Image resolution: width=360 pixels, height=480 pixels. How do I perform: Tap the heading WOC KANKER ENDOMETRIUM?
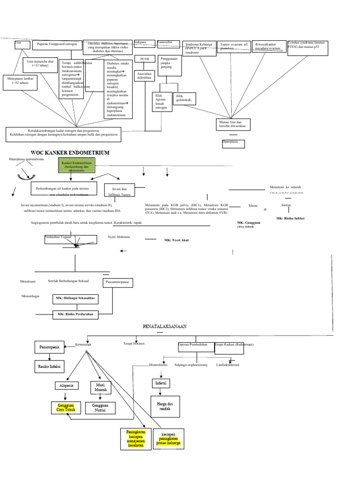click(70, 153)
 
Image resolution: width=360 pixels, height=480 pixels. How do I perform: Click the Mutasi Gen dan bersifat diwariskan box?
click(232, 125)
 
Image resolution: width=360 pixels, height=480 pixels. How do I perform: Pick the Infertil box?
click(161, 383)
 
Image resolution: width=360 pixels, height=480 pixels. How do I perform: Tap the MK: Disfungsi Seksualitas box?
click(75, 298)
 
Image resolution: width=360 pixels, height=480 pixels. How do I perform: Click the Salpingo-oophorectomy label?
click(190, 364)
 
